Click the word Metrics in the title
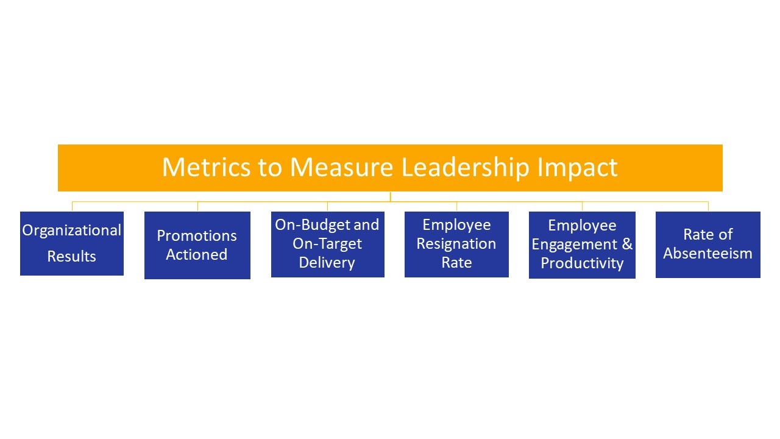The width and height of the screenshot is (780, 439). [x=206, y=167]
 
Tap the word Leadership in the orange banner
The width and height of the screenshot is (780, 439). [x=465, y=168]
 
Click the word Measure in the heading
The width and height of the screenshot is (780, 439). [x=342, y=167]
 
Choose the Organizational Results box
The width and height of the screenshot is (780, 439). [x=72, y=243]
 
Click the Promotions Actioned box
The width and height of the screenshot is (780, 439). [x=197, y=245]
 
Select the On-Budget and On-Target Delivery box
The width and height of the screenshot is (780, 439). [x=328, y=244]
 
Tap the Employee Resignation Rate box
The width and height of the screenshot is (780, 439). [x=456, y=244]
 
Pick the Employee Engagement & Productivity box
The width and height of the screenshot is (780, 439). [x=582, y=245]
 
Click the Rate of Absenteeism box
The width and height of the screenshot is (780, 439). [x=708, y=244]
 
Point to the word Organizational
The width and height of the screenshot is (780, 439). [x=72, y=231]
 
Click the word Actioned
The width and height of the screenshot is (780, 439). [x=197, y=254]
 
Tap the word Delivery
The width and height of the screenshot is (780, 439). [x=327, y=263]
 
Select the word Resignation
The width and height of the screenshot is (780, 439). [x=456, y=244]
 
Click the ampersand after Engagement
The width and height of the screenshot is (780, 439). [x=627, y=244]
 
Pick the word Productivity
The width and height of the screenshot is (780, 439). [x=582, y=263]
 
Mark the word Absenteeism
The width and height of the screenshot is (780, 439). [x=707, y=253]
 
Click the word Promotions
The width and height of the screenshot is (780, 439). [x=197, y=236]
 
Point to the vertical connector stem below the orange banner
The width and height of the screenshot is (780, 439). [x=391, y=196]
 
